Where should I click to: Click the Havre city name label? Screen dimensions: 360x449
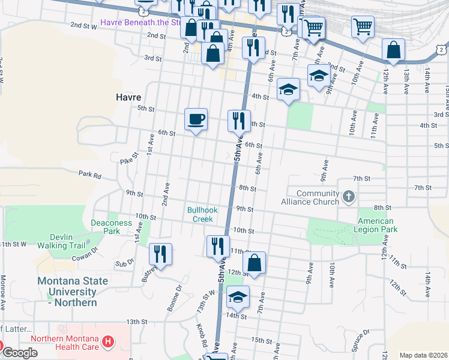(x=128, y=97)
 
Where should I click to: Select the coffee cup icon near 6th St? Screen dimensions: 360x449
(x=196, y=119)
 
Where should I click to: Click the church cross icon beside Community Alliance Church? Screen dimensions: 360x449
(x=348, y=196)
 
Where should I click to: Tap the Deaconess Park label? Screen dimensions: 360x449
(x=111, y=227)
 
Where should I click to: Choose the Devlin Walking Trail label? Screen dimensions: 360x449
(x=61, y=241)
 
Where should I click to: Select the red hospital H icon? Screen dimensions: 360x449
(x=108, y=342)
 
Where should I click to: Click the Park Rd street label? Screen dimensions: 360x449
(x=89, y=174)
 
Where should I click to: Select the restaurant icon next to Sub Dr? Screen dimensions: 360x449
(x=161, y=253)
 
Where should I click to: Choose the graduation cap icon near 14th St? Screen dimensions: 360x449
(x=238, y=296)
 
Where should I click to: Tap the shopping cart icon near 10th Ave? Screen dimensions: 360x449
(x=363, y=26)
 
